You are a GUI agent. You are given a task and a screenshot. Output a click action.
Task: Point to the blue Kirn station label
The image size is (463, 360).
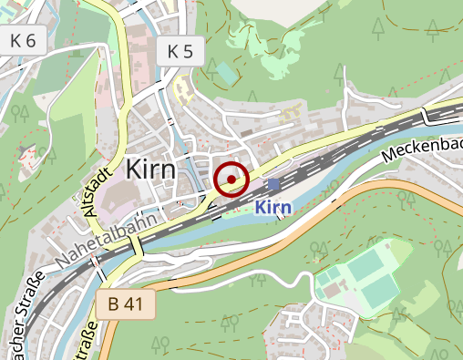click(x=273, y=208)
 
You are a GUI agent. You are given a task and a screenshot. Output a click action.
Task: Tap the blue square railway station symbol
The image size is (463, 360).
click(x=273, y=184)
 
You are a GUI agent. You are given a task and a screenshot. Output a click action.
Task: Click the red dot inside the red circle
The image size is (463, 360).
click(x=231, y=180)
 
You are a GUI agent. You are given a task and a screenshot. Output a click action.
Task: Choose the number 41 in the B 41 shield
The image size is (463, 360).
click(x=133, y=304)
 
